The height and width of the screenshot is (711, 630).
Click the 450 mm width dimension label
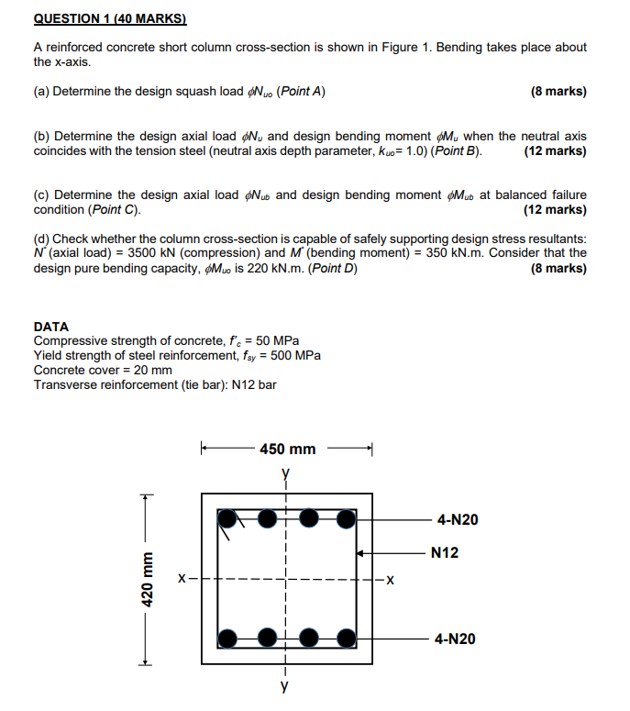(x=287, y=449)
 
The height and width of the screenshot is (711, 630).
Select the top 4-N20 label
(x=457, y=520)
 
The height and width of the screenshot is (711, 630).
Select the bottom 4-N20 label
(x=457, y=639)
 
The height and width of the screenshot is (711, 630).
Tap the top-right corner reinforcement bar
(x=345, y=519)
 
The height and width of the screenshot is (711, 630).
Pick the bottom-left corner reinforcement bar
(x=227, y=638)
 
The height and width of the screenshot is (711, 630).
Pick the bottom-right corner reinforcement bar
(x=345, y=638)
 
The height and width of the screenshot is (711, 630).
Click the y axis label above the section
(x=286, y=474)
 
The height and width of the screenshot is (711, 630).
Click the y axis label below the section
(x=286, y=685)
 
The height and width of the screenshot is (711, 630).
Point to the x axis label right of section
(x=390, y=580)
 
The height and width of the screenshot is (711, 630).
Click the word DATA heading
(x=51, y=327)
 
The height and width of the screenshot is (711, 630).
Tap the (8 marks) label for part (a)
(x=558, y=92)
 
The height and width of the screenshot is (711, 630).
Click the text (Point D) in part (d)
(x=332, y=269)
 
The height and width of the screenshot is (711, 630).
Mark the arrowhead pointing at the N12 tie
(x=361, y=553)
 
